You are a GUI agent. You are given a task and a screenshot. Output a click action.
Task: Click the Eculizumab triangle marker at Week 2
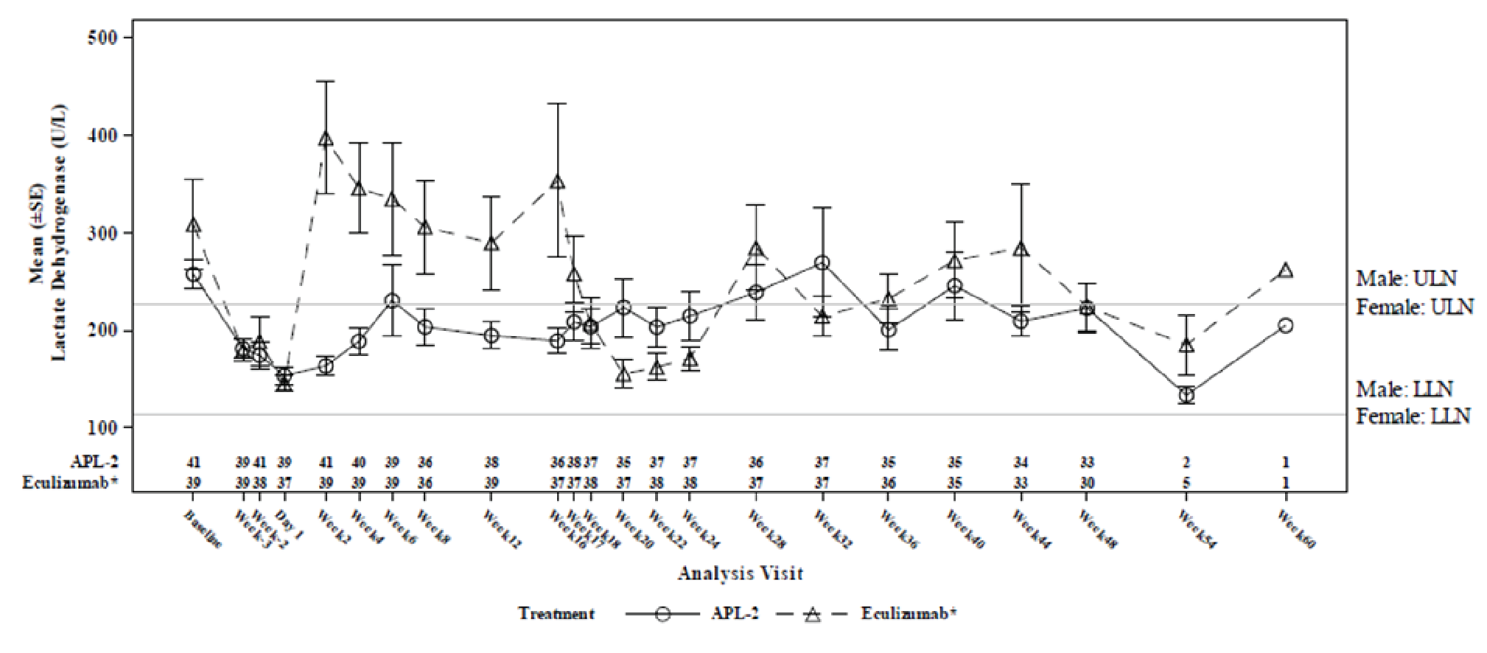[326, 139]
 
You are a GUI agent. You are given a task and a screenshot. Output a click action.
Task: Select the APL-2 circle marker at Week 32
[822, 263]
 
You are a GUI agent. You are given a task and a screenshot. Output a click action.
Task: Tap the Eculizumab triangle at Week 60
[1285, 270]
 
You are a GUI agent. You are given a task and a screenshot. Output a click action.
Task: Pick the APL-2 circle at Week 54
[1186, 395]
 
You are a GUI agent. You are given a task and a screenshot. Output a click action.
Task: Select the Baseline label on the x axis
[201, 528]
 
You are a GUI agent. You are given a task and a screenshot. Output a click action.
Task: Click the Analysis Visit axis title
[740, 573]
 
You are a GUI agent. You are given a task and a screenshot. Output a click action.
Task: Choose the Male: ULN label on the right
[1406, 279]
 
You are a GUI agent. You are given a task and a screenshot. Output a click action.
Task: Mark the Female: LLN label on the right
[1413, 416]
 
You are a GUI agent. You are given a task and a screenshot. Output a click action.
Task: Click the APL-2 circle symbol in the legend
[662, 614]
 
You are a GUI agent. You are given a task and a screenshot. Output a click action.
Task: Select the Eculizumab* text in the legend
[909, 613]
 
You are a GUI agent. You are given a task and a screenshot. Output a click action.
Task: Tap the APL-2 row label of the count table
[94, 462]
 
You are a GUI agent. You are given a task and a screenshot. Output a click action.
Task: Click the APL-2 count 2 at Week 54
[1186, 463]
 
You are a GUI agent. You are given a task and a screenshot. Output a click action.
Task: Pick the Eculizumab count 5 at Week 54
[1186, 483]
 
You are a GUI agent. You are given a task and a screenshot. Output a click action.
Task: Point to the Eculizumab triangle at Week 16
[558, 182]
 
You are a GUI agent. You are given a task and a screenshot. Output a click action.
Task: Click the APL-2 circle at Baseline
[193, 275]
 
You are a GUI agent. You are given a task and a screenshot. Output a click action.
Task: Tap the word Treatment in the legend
[556, 613]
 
